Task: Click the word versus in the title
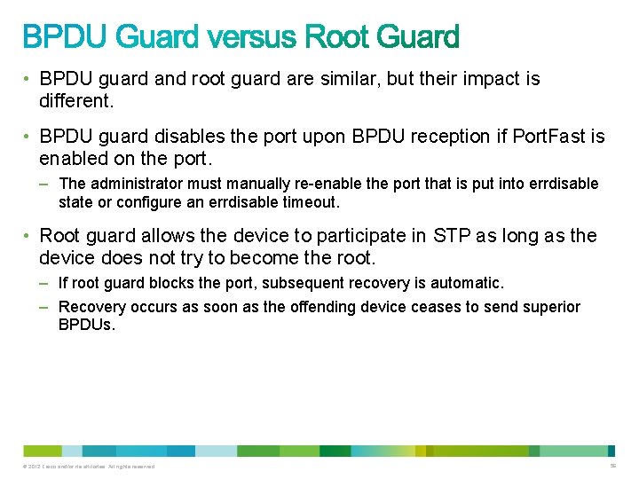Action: coord(256,37)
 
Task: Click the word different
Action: coord(75,101)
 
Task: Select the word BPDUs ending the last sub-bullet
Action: coord(86,325)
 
